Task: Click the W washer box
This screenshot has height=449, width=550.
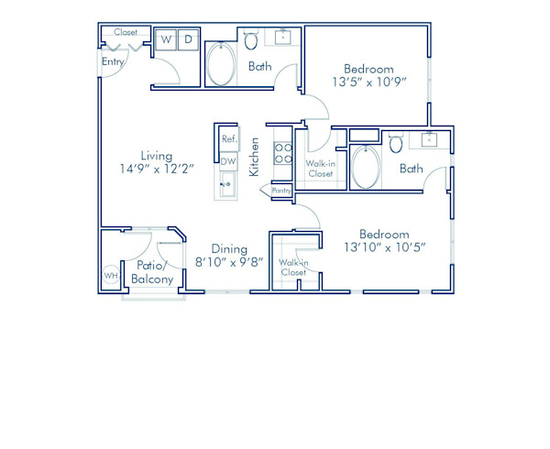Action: (167, 39)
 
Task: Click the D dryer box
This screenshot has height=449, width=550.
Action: (187, 39)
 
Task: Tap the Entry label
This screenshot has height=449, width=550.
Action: (113, 62)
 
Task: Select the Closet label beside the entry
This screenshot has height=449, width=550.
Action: (126, 32)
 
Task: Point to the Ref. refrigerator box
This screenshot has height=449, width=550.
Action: (228, 138)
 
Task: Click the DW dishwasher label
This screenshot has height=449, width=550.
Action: (228, 161)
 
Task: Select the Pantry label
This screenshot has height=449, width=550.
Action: (281, 191)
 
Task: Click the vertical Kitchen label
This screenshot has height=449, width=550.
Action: (255, 157)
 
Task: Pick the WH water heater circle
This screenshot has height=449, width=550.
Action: (111, 275)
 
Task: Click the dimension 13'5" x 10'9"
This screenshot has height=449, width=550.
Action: (368, 82)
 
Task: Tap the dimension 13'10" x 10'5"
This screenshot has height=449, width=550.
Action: (384, 247)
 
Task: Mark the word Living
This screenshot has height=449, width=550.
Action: (158, 155)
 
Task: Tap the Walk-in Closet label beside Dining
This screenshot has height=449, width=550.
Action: (293, 268)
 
